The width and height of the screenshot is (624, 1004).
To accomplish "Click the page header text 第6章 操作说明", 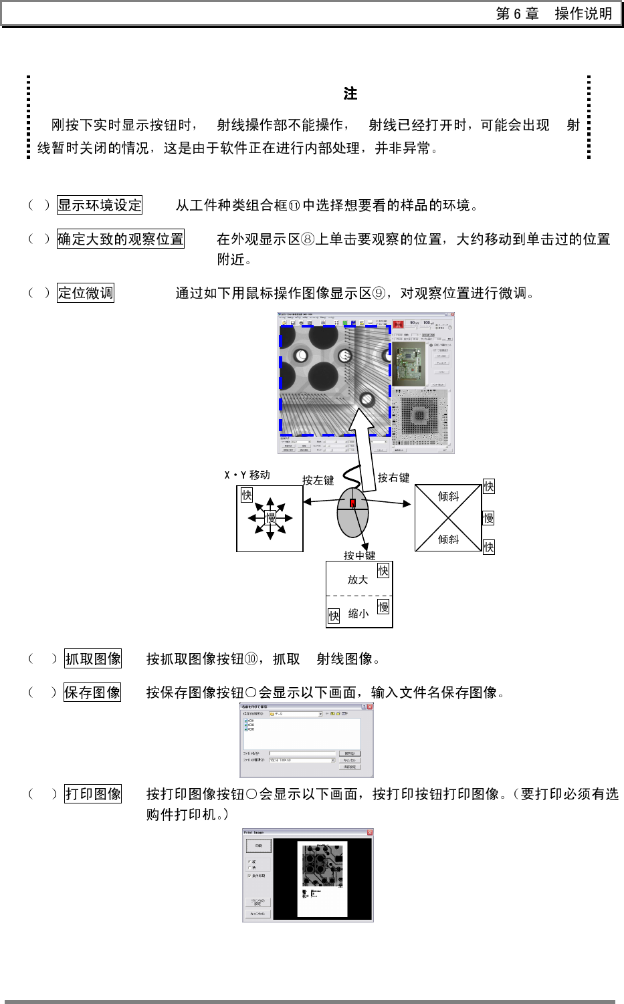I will [x=554, y=14].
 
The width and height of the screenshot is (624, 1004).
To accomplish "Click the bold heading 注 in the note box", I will [x=350, y=94].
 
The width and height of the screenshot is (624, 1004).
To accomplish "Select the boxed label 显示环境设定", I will [x=100, y=205].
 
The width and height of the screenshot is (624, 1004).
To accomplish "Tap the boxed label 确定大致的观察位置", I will [x=120, y=239].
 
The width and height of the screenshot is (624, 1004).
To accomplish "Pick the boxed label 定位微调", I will [x=86, y=293].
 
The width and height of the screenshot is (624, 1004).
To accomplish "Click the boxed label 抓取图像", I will [x=93, y=659].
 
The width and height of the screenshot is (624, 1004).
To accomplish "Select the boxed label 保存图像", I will [x=92, y=693].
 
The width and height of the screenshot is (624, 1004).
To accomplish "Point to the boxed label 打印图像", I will [x=93, y=794].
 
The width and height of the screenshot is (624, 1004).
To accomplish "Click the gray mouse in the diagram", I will [x=352, y=521].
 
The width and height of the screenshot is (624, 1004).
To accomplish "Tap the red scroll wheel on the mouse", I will [x=352, y=503].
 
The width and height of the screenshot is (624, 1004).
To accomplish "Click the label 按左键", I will [x=318, y=480].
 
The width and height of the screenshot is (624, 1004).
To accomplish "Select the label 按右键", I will [x=393, y=477].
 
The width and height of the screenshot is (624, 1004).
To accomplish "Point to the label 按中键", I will [x=359, y=555].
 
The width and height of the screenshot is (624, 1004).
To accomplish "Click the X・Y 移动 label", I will [x=247, y=475].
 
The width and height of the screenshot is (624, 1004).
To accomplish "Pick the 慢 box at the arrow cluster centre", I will [x=270, y=517].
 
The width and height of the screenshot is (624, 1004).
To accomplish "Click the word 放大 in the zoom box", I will [x=357, y=580].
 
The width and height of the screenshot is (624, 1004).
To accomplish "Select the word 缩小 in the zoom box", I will [x=358, y=614].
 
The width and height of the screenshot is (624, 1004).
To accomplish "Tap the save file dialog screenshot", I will [x=306, y=740].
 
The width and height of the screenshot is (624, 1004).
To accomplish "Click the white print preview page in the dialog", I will [x=322, y=878].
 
